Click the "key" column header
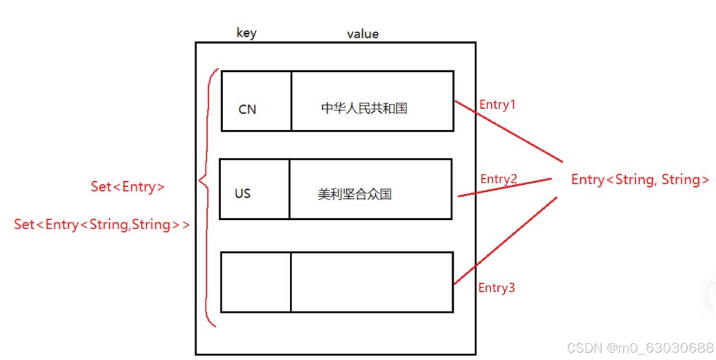(x=246, y=33)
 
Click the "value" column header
(x=362, y=34)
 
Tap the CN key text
(x=247, y=109)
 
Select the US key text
(x=243, y=194)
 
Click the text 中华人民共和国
(x=364, y=109)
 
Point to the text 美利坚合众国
(x=354, y=195)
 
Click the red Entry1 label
(x=497, y=104)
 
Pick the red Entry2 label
(x=499, y=179)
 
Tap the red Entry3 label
(x=496, y=288)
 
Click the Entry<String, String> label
(x=640, y=179)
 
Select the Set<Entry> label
(x=128, y=187)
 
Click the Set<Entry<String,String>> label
(x=102, y=225)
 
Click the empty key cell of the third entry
(x=255, y=282)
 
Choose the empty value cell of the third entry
(x=372, y=282)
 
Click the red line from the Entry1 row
(x=510, y=128)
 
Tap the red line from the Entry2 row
(x=504, y=187)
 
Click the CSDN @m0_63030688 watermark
(x=640, y=348)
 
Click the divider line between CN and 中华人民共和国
(x=291, y=101)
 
